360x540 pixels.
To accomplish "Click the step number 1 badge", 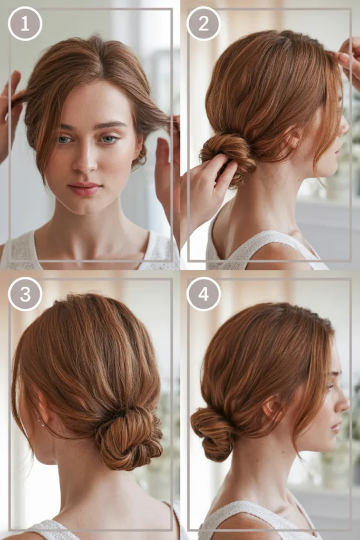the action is [x=25, y=24].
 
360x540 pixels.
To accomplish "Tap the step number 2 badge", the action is [x=203, y=23].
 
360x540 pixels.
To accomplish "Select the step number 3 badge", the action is [x=25, y=294].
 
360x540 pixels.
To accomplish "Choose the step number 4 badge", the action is [x=203, y=294].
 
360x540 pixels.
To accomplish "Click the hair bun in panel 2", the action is [x=227, y=155].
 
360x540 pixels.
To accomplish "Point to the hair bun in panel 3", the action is [x=129, y=437].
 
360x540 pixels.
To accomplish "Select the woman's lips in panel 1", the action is [x=85, y=189].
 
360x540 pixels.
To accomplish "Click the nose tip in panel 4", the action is [x=347, y=404].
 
